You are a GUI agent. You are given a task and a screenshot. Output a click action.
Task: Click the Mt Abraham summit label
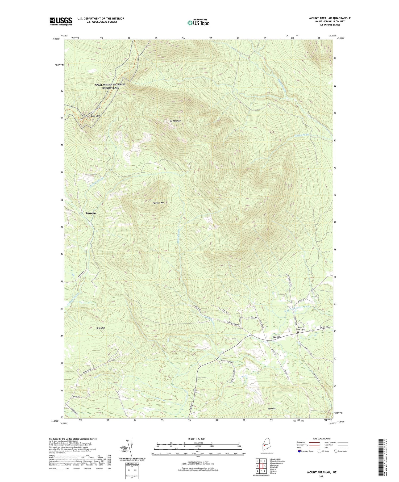pyautogui.click(x=175, y=121)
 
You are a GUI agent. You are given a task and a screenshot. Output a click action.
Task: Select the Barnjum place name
pyautogui.click(x=91, y=213)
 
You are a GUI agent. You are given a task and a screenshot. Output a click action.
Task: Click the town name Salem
pyautogui.click(x=276, y=337)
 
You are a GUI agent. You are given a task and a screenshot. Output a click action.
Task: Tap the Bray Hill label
pyautogui.click(x=100, y=328)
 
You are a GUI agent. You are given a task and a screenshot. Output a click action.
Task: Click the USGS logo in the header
pyautogui.click(x=61, y=21)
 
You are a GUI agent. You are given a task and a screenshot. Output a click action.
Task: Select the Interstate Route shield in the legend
pyautogui.click(x=299, y=451)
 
